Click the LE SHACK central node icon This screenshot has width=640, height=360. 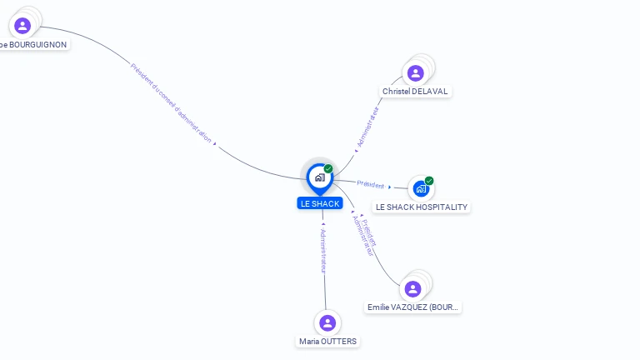tap(319, 177)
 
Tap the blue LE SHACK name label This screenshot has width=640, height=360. tap(320, 203)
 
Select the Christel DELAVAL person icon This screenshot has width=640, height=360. tap(415, 73)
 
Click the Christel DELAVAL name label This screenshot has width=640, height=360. tap(417, 91)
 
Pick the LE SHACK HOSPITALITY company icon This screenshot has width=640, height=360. tap(421, 189)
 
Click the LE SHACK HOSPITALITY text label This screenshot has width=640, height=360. tap(422, 207)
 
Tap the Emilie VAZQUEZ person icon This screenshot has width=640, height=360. tap(412, 289)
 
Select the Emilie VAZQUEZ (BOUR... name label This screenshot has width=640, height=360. tap(413, 307)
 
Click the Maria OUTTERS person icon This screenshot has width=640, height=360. tap(327, 323)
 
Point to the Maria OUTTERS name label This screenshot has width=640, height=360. tap(328, 341)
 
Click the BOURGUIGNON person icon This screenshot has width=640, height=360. tap(22, 26)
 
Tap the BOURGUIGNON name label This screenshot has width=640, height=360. tap(33, 44)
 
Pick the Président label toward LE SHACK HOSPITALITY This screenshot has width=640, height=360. tap(370, 184)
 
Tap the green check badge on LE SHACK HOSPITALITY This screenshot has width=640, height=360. tap(429, 181)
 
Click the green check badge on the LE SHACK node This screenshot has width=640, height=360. tap(328, 168)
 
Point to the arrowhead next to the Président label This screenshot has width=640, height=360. tap(389, 187)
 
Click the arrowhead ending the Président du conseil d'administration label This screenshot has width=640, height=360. tap(215, 144)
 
